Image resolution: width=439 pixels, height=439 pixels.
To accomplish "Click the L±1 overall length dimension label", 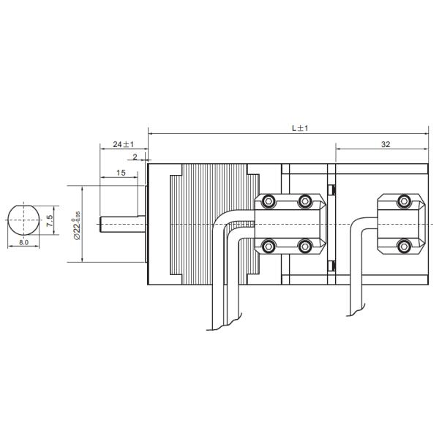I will pyautogui.click(x=300, y=127).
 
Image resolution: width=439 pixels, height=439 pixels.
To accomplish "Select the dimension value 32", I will pyautogui.click(x=385, y=144).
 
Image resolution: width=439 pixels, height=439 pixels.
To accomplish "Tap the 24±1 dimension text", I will pyautogui.click(x=122, y=144).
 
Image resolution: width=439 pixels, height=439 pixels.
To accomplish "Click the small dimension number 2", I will pyautogui.click(x=135, y=157).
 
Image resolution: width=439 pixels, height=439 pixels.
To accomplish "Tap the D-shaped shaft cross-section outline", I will pyautogui.click(x=23, y=219).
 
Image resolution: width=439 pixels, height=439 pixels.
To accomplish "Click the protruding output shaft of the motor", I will pyautogui.click(x=121, y=222).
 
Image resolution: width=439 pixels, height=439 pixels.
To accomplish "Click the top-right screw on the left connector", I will pyautogui.click(x=305, y=201).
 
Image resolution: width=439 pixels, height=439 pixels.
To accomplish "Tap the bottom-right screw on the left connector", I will pyautogui.click(x=305, y=246).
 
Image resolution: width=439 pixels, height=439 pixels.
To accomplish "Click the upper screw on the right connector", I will pyautogui.click(x=402, y=201).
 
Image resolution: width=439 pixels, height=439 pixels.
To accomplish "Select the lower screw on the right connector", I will pyautogui.click(x=402, y=246).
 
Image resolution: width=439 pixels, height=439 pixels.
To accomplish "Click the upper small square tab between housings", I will pyautogui.click(x=332, y=190).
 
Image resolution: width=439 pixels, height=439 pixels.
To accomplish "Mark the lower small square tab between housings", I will pyautogui.click(x=332, y=263).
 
